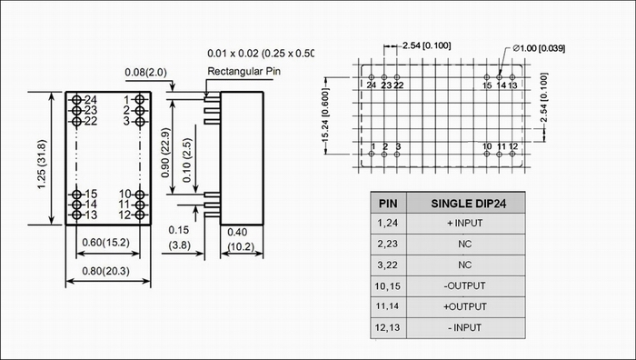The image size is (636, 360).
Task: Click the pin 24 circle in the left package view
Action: [76, 99]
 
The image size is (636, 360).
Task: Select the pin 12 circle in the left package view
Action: [140, 215]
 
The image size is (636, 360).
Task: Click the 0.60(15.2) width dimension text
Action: [106, 243]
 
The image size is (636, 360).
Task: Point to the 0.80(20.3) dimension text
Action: [106, 271]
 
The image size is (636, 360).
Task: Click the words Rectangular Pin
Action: [243, 72]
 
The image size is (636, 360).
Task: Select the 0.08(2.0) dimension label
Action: [145, 73]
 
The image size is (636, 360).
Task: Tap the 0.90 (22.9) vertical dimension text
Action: [165, 153]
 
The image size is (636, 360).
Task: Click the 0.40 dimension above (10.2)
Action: [237, 232]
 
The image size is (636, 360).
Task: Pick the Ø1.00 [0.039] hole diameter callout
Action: [539, 49]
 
